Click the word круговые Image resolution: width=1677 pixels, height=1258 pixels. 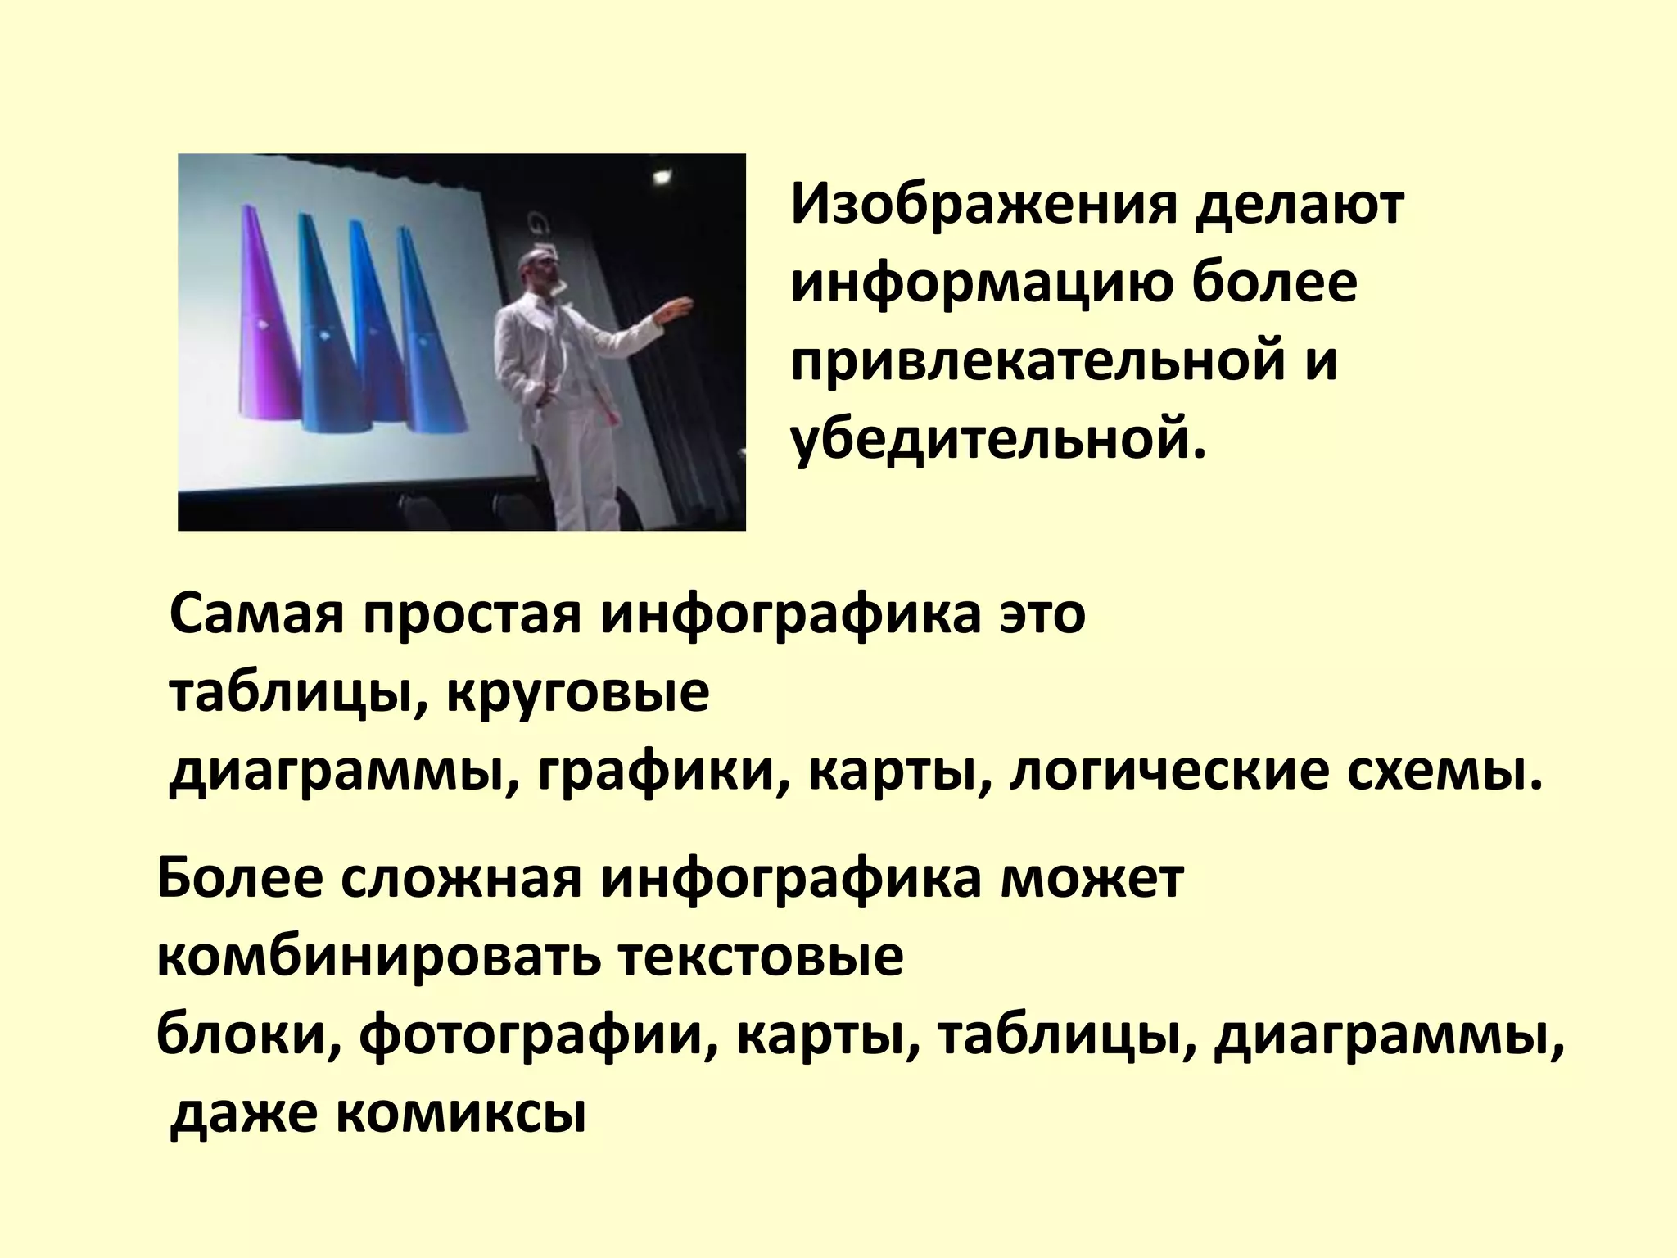(x=578, y=694)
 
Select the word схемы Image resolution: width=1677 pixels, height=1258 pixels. (x=1445, y=772)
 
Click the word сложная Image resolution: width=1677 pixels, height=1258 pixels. (x=461, y=880)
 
